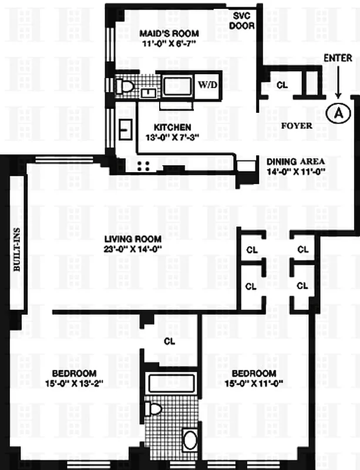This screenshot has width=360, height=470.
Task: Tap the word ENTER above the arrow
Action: click(338, 58)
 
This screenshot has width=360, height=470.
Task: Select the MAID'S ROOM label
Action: click(169, 33)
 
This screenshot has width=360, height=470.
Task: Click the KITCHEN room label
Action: click(172, 127)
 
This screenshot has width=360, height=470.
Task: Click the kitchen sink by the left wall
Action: click(125, 127)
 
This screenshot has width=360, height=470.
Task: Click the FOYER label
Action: click(297, 126)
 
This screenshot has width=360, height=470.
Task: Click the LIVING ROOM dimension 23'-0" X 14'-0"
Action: click(133, 249)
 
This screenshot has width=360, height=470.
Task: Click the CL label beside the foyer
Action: click(282, 85)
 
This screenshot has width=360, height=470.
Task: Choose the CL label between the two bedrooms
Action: click(169, 340)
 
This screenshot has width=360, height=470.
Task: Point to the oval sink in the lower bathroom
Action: click(190, 440)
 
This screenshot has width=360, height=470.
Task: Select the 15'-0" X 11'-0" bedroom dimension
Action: click(254, 384)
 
